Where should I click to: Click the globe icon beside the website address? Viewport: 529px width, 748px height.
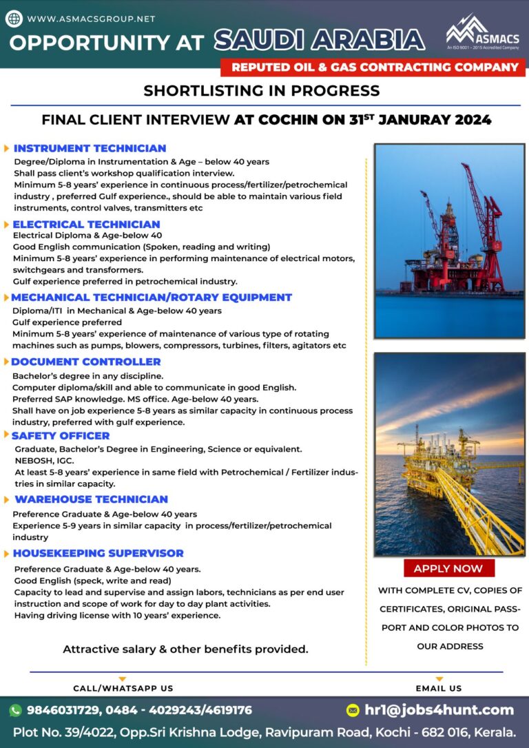14,19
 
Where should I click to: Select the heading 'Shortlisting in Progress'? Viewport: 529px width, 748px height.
261,90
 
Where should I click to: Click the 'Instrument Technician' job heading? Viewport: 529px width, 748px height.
90,148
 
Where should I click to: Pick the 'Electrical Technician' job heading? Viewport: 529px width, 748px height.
86,224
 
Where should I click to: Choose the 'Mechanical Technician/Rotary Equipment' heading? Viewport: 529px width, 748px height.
152,298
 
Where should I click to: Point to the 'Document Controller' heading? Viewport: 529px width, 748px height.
86,362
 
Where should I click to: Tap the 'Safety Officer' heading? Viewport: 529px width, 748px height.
61,435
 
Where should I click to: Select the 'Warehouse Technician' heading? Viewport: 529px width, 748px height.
91,499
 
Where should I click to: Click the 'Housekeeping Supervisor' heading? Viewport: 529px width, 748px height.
98,553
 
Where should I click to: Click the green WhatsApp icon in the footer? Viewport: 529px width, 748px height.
15,710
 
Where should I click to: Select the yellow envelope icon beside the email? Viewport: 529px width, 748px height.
353,710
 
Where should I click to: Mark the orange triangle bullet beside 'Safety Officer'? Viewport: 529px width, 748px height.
6,435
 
